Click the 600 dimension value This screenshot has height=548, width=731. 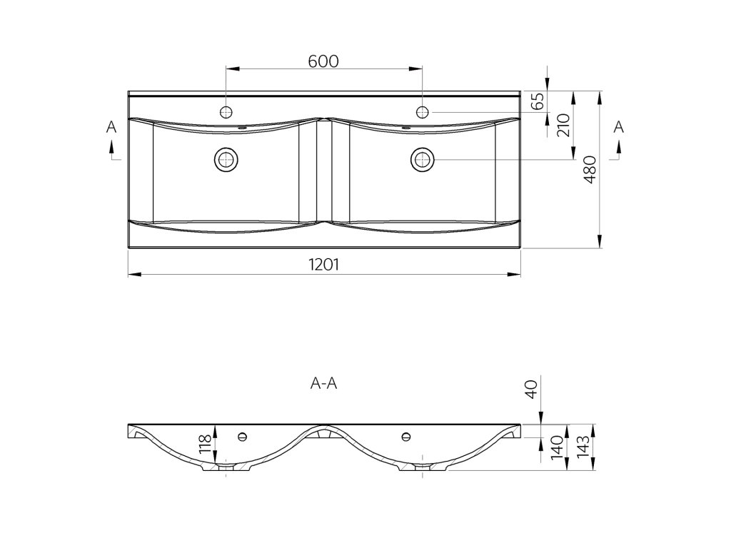coord(323,61)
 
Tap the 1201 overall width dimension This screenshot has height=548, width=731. coord(323,265)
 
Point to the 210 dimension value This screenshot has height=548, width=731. coord(562,126)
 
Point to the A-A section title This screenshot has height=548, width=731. coord(323,383)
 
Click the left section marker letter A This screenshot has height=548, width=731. coord(111,127)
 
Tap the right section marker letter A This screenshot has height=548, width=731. coord(619,127)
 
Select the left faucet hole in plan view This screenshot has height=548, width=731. coord(226,111)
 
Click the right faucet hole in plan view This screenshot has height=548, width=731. coord(423,111)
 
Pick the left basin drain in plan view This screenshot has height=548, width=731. coord(226,158)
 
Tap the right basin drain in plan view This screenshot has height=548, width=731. coord(423,158)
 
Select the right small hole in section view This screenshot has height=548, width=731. coord(407,435)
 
